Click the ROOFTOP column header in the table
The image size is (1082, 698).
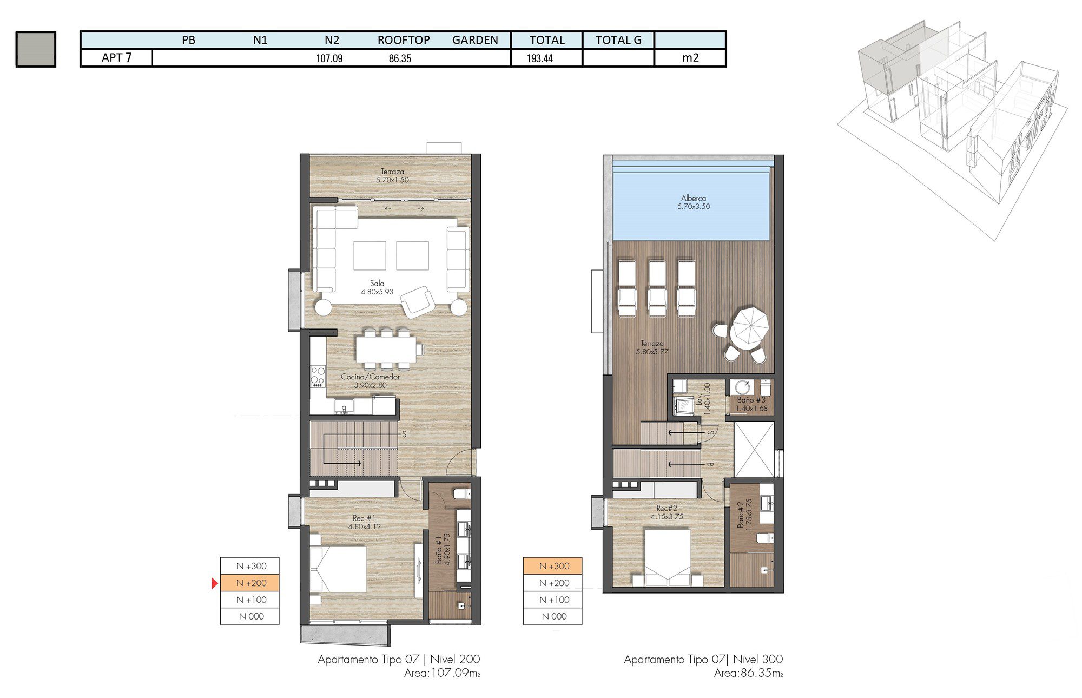(404, 40)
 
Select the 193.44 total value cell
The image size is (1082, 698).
(539, 58)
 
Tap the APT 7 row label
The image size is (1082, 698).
(116, 57)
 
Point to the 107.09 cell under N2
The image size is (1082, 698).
(329, 58)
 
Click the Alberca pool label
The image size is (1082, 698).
(694, 202)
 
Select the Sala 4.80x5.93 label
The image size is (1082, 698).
(377, 287)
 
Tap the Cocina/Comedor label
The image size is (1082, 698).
(371, 381)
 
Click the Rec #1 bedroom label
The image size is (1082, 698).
(364, 522)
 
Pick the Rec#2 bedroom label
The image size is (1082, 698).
(667, 512)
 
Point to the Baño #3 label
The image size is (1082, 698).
(751, 404)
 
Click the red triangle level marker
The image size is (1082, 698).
(215, 583)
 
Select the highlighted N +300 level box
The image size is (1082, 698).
(553, 566)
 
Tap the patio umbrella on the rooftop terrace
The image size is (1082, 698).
(749, 327)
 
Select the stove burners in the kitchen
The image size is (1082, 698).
(318, 376)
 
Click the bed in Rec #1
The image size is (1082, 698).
(339, 569)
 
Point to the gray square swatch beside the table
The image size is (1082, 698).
(36, 49)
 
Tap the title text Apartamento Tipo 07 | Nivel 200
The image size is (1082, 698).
(399, 660)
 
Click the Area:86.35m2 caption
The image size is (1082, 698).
(748, 674)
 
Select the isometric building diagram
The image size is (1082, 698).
(952, 124)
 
